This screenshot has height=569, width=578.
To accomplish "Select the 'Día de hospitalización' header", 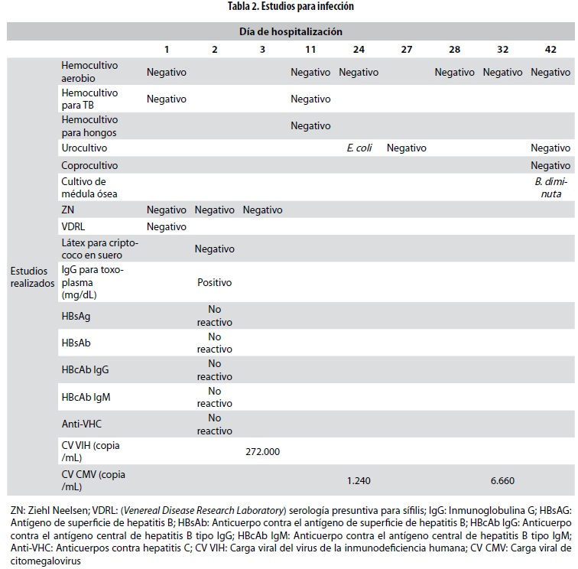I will pyautogui.click(x=291, y=31).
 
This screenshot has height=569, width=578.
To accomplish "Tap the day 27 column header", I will pyautogui.click(x=406, y=49).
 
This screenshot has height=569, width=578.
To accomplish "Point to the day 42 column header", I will pyautogui.click(x=550, y=49).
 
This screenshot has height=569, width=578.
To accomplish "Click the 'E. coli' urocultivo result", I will pyautogui.click(x=359, y=148).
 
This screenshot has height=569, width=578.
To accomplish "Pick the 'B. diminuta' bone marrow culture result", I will pyautogui.click(x=550, y=187).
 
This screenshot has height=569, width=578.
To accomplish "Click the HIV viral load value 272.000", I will pyautogui.click(x=262, y=451).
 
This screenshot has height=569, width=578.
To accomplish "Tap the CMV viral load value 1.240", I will pyautogui.click(x=359, y=480).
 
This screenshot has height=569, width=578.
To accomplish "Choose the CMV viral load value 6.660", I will pyautogui.click(x=502, y=480).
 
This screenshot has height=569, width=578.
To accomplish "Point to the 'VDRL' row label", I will pyautogui.click(x=73, y=226).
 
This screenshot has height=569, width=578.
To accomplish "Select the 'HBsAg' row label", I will pyautogui.click(x=77, y=315).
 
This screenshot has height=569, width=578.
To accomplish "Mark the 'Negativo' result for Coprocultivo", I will pyautogui.click(x=550, y=165).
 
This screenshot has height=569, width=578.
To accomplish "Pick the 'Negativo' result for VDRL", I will pyautogui.click(x=167, y=226).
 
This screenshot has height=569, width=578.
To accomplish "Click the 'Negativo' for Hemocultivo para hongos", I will pyautogui.click(x=310, y=125).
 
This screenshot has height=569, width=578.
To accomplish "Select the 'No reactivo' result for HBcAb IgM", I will pyautogui.click(x=214, y=396).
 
